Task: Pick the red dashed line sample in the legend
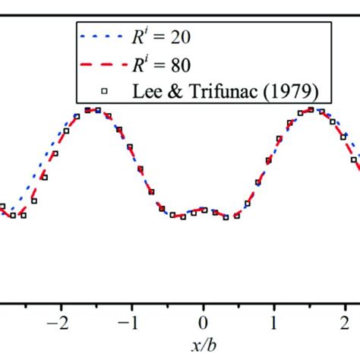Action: point(99,65)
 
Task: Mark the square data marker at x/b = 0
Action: point(203,210)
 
